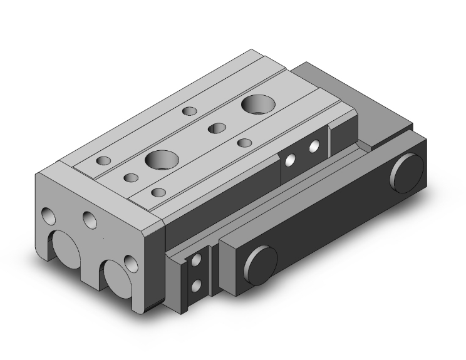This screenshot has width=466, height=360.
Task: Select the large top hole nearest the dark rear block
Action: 257,105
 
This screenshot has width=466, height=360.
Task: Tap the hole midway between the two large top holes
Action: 217,128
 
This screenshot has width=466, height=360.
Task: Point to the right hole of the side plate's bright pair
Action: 314,148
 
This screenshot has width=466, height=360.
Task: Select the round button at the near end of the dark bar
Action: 263,260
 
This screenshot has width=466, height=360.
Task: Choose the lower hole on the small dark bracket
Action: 197,285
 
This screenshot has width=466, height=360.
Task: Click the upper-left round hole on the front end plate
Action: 49,217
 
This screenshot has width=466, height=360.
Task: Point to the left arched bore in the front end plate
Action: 65,247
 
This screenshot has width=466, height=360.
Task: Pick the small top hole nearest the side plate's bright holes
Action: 245,143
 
